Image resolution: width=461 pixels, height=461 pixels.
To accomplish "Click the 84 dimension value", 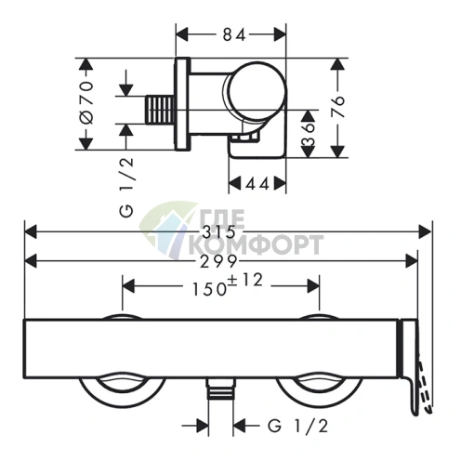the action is (x=234, y=34).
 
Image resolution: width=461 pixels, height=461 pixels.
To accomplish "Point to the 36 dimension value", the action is (x=308, y=134).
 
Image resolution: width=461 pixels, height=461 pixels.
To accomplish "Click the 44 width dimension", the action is (x=257, y=185).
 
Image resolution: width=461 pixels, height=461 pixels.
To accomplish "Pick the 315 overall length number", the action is (x=218, y=232).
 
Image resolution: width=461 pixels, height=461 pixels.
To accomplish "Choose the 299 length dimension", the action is (x=218, y=262).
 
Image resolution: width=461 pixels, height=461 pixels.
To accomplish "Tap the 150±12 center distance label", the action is (x=228, y=285).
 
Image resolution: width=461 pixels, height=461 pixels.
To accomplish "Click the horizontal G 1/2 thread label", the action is (x=297, y=426).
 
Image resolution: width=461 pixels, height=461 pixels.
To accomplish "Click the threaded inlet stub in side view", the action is (x=160, y=110).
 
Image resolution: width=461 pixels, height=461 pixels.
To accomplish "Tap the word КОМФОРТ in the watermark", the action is (x=257, y=244).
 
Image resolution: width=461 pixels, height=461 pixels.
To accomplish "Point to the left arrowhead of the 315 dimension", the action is (x=31, y=232).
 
